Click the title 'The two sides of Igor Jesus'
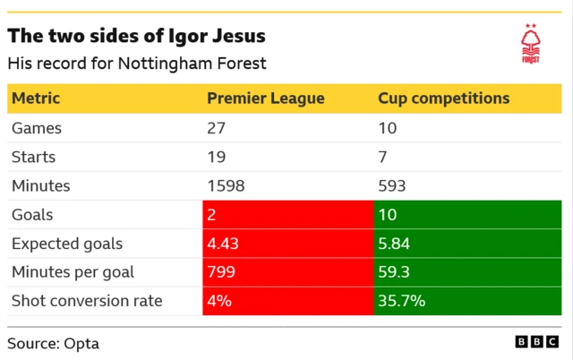[136, 37]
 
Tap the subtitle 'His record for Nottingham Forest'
[136, 64]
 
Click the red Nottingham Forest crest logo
[531, 45]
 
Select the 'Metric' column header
[36, 99]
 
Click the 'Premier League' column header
[266, 99]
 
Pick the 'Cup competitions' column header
[443, 99]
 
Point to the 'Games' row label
[36, 128]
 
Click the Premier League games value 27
[218, 128]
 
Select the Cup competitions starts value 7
[383, 157]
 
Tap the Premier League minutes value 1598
[226, 186]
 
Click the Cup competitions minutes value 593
[392, 186]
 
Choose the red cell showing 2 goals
[287, 215]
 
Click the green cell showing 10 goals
[467, 215]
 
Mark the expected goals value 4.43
[223, 244]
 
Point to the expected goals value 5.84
[395, 244]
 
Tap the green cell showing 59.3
[467, 272]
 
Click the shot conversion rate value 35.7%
[400, 301]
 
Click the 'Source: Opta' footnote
[54, 343]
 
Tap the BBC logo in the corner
[538, 342]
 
